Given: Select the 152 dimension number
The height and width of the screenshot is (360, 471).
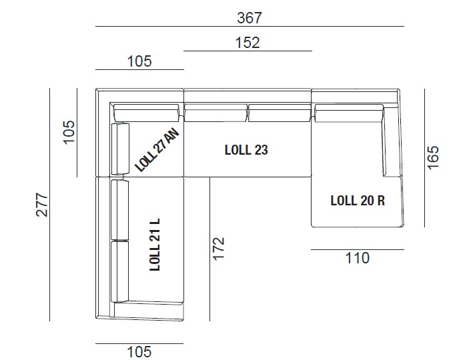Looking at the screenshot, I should click(247, 42).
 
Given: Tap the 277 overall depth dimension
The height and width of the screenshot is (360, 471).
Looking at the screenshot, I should click(41, 204).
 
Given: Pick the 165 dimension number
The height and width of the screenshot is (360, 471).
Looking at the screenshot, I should click(434, 157).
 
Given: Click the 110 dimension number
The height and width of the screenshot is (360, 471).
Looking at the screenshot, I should click(358, 258).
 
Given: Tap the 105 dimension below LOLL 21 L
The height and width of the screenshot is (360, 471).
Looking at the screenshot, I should click(139, 351).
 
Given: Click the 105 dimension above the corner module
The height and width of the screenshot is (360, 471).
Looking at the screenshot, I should click(139, 61).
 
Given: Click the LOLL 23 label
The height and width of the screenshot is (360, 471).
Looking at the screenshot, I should click(246, 150).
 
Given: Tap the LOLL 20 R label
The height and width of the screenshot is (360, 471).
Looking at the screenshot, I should click(358, 200).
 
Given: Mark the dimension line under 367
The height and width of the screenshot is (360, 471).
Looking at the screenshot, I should click(250, 27).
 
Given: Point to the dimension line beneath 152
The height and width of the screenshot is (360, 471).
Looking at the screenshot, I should click(247, 51).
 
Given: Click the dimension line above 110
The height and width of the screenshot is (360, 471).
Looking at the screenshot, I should click(358, 249).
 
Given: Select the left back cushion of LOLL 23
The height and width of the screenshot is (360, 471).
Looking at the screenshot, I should click(215, 113).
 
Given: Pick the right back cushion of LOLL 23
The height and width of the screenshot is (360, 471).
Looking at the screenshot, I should click(279, 113).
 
